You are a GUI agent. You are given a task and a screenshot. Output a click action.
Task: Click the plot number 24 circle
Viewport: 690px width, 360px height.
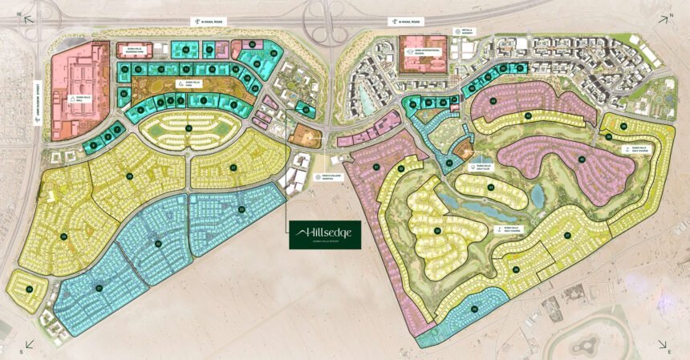pos(29,288)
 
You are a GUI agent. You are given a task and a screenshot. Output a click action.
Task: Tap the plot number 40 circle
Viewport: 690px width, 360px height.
pos(581,158)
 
